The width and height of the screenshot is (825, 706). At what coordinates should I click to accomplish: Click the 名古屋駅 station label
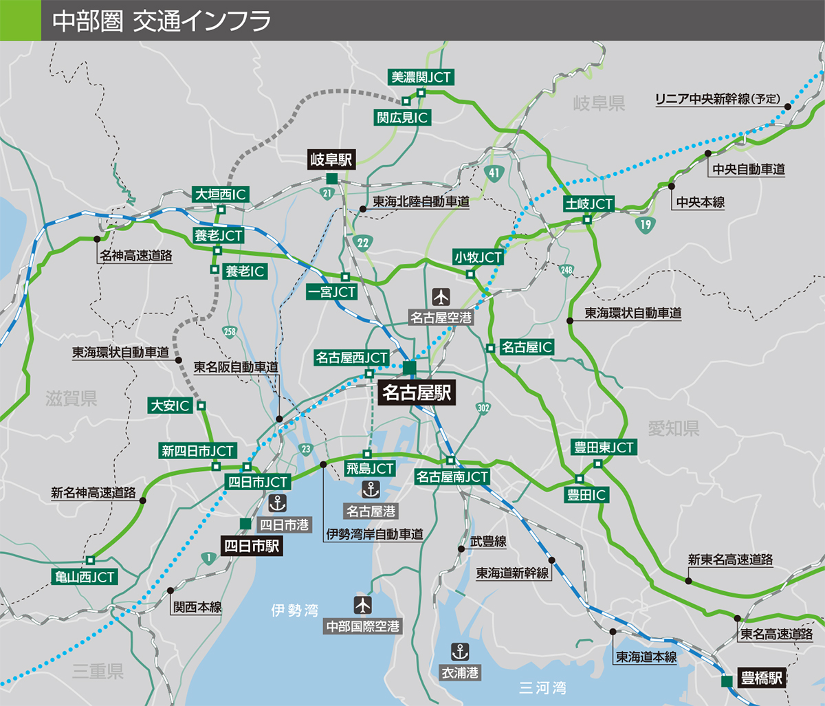coord(415,393)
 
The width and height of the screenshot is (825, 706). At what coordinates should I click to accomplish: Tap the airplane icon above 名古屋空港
coord(440,297)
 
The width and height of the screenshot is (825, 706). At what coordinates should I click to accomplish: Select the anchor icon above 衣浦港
coord(459,651)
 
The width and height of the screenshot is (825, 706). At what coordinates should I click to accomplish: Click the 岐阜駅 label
coord(331,160)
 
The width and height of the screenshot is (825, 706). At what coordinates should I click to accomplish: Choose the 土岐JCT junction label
coord(588,204)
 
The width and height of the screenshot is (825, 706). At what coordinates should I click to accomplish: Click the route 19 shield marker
coord(644,224)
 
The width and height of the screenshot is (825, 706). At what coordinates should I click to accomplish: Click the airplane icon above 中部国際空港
coord(362,605)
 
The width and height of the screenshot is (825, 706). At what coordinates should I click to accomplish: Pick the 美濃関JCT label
coord(421,77)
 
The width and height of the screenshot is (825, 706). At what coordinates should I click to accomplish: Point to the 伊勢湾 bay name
coord(294,610)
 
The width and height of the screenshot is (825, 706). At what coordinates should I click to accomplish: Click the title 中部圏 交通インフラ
coord(161,21)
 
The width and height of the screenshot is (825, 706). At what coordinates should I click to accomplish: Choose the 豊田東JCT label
coord(604,448)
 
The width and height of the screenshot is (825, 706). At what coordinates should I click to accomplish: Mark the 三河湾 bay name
coord(542,687)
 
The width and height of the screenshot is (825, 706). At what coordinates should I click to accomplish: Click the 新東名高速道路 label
coord(730,560)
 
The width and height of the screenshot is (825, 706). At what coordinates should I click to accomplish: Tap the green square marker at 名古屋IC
coord(490,348)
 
